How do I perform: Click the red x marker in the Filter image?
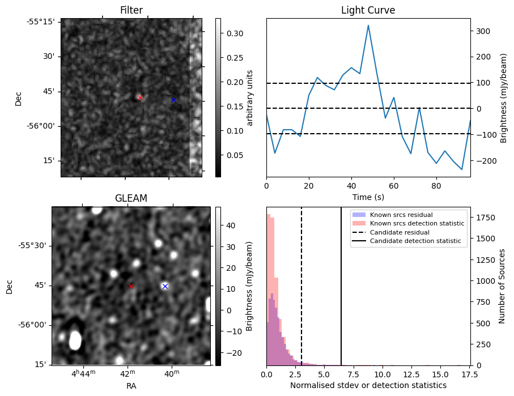tap(140, 97)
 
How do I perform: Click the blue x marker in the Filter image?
tap(173, 100)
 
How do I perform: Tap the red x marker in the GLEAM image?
tap(131, 286)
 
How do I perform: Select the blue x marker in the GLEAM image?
tap(165, 286)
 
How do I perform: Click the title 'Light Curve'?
tap(368, 10)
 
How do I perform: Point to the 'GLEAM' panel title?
tap(131, 198)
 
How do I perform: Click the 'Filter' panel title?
tap(131, 10)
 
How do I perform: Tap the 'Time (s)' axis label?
tap(368, 197)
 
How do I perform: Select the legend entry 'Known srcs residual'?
tap(401, 215)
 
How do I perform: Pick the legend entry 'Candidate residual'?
tap(400, 232)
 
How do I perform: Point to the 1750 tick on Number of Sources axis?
tap(484, 218)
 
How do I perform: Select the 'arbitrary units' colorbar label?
tap(250, 97)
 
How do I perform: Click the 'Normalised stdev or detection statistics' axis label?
tap(368, 385)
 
